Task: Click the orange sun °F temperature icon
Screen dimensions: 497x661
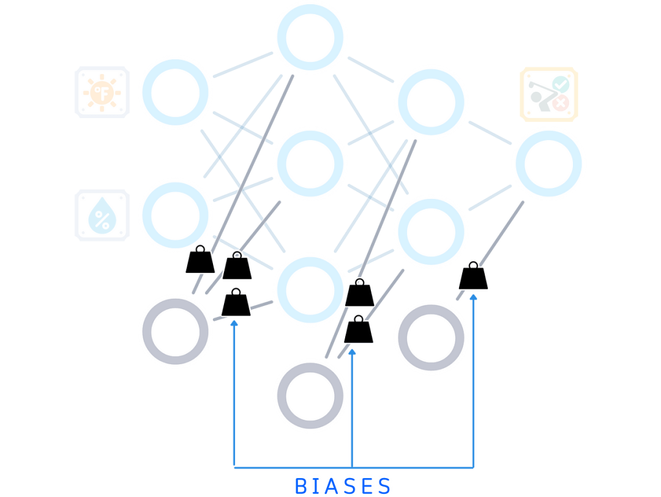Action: (102, 92)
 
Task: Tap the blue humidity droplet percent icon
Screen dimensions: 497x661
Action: (102, 215)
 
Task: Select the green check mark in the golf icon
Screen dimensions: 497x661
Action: (559, 84)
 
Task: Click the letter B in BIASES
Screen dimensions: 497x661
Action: (302, 486)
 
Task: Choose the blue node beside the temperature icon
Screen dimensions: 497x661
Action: (175, 92)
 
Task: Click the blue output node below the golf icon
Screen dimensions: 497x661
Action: (548, 163)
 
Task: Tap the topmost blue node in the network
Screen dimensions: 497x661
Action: (310, 37)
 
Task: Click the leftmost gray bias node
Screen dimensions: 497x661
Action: (175, 331)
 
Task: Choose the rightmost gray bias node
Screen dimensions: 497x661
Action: (431, 337)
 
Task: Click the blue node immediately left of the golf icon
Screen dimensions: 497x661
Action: (431, 102)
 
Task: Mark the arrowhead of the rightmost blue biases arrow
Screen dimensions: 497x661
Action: (473, 297)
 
